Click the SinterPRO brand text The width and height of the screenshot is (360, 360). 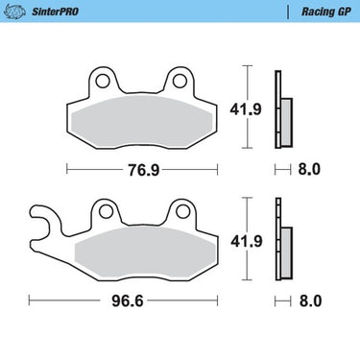(x=55, y=12)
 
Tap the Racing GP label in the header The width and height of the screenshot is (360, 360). (x=326, y=12)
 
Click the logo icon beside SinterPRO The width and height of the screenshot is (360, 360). (x=13, y=12)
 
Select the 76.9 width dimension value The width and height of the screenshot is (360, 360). (x=144, y=170)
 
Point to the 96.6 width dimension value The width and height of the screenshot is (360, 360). (x=128, y=300)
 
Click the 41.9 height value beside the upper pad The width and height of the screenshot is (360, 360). (x=246, y=109)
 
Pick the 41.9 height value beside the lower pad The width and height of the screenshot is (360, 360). (x=247, y=241)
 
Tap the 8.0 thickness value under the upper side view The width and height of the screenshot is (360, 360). (x=309, y=169)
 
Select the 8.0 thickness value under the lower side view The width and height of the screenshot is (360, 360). (x=310, y=300)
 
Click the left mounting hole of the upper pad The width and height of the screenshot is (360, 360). (x=103, y=81)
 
